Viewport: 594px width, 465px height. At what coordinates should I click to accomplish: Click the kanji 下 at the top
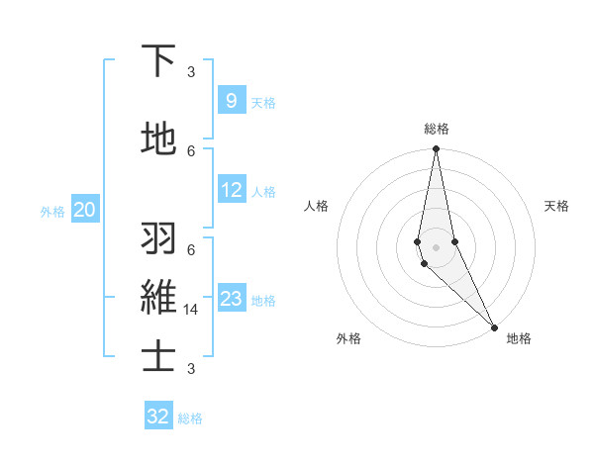158,61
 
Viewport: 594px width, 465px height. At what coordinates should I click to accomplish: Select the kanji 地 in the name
158,139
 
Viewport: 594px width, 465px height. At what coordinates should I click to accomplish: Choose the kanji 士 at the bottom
158,356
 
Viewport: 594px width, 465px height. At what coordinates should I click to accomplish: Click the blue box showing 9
231,101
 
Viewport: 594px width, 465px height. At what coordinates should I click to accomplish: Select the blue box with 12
232,191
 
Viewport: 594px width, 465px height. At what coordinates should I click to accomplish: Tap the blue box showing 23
232,300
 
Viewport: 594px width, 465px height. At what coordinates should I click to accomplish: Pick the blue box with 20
85,210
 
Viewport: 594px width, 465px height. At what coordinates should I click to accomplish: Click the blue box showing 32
158,417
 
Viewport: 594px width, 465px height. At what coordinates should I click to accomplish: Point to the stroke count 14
192,310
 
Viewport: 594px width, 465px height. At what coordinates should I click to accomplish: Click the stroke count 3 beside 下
191,71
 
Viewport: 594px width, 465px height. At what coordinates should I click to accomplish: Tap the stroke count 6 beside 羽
191,249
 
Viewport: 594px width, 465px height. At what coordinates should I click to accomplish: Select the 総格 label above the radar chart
437,129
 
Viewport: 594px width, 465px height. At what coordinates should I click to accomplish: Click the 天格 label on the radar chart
556,206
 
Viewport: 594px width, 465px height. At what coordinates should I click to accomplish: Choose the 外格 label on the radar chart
348,339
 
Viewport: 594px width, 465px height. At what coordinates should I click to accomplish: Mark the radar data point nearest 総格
436,149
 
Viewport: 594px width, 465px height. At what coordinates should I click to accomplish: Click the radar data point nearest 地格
495,326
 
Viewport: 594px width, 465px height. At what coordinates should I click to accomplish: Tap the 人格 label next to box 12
263,192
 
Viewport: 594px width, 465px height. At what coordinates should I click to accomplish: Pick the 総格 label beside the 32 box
190,418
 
